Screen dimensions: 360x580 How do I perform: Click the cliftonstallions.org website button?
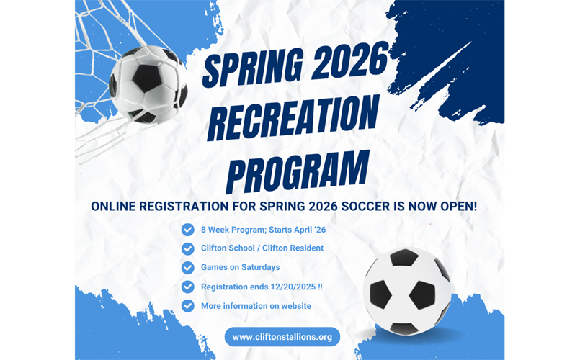tap(282, 337)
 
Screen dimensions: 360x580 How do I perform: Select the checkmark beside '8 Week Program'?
tap(188, 230)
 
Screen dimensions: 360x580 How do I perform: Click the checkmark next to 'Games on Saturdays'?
tap(188, 268)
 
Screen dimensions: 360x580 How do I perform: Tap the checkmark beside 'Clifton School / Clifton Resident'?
tap(188, 248)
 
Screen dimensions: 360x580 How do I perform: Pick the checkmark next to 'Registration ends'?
tap(188, 287)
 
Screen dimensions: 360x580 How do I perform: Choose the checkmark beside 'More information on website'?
tap(188, 305)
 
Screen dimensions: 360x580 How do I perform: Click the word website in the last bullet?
tap(292, 305)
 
